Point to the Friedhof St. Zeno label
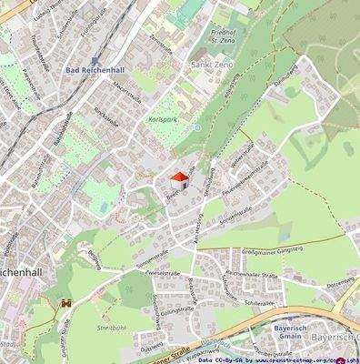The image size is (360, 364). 215,35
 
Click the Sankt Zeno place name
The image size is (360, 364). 210,66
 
